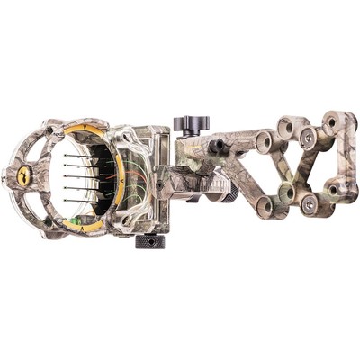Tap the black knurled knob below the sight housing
149,240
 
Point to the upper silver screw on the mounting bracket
308,138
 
